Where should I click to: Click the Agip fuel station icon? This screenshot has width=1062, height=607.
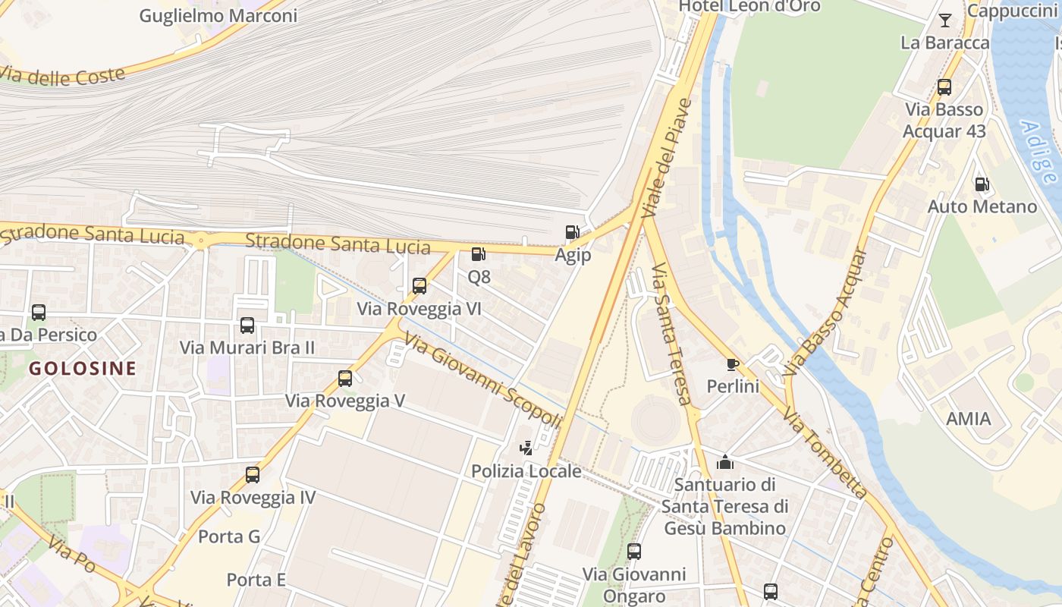coord(572,232)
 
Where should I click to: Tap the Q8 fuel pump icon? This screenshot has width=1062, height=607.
coord(478,254)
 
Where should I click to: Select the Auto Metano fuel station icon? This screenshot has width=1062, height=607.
coord(982,184)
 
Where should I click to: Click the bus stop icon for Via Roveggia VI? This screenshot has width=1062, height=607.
coord(419,286)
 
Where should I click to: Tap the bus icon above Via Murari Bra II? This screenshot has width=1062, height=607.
coord(247,326)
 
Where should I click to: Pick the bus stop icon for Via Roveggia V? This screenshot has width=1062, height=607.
coord(345,379)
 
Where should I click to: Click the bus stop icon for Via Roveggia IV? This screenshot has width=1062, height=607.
coord(253,475)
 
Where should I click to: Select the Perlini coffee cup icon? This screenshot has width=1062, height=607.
coord(733,364)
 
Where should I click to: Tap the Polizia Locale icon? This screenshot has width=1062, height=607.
coord(526,448)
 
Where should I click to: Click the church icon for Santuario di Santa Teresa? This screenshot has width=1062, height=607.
coord(725,461)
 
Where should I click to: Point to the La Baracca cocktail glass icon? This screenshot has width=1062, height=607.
coord(945,20)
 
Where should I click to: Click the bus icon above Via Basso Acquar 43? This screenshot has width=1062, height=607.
coord(944,87)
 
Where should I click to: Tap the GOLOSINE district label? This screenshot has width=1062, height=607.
coord(83,369)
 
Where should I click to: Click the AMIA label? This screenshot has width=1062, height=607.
coord(969,419)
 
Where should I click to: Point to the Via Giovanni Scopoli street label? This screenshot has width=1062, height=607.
coord(483,381)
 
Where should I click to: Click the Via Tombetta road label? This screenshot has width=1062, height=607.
coord(825,453)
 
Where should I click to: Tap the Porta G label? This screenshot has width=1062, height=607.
coord(229,536)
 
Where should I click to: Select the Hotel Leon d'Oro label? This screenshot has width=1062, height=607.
coord(749,6)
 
